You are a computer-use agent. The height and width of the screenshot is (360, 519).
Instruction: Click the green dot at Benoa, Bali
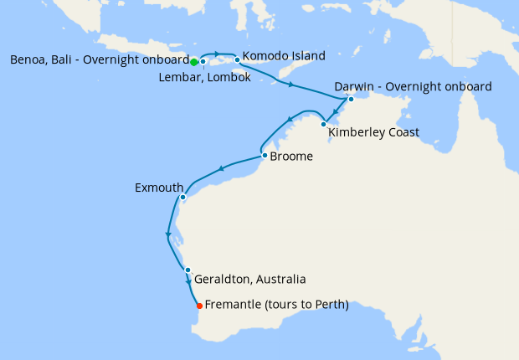tap(193, 62)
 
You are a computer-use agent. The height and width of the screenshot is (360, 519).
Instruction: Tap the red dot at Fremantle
tap(198, 306)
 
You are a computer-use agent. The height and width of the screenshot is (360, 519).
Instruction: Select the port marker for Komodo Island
tap(238, 59)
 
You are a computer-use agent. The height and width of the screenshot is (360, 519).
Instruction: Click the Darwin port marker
tap(352, 100)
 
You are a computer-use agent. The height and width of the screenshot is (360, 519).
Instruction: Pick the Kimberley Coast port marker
tap(324, 125)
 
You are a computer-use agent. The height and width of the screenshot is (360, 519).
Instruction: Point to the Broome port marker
tap(265, 155)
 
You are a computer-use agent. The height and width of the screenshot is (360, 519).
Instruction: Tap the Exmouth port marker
tap(182, 198)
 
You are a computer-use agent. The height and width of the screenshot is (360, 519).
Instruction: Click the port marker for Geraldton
tap(188, 270)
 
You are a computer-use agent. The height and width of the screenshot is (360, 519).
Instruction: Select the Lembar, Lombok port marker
tap(203, 61)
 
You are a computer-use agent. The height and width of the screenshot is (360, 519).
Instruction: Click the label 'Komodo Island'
tap(283, 57)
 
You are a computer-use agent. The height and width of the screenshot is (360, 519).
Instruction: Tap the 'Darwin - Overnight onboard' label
tap(413, 86)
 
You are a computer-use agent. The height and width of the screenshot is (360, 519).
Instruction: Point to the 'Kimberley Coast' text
tap(373, 132)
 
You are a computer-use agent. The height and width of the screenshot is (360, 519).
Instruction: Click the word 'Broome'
tap(292, 155)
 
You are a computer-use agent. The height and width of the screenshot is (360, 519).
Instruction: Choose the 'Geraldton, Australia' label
tap(249, 279)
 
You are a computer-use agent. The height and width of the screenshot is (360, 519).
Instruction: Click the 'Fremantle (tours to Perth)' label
tap(276, 306)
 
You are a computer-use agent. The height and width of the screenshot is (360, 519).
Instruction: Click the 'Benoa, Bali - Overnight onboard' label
tap(99, 60)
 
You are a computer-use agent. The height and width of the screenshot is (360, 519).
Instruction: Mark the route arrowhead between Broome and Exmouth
tap(222, 169)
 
